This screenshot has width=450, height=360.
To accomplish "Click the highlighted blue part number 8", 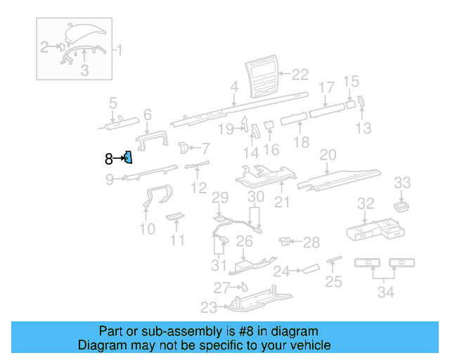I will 129,157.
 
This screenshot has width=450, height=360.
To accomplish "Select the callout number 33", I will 401,183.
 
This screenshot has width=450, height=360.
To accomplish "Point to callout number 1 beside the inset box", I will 119,50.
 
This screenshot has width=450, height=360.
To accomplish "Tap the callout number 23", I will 209,307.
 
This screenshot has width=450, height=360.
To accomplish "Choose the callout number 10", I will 148,229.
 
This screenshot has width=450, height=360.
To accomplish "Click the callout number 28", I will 311,243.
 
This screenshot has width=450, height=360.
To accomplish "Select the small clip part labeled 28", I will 286,242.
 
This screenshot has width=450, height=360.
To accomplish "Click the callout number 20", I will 328,155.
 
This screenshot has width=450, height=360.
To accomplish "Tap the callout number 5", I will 112,105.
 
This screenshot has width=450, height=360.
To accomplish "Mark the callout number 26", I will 244,242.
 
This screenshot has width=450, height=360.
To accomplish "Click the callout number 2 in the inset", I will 44,48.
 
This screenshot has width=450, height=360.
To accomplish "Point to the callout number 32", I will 366,204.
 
